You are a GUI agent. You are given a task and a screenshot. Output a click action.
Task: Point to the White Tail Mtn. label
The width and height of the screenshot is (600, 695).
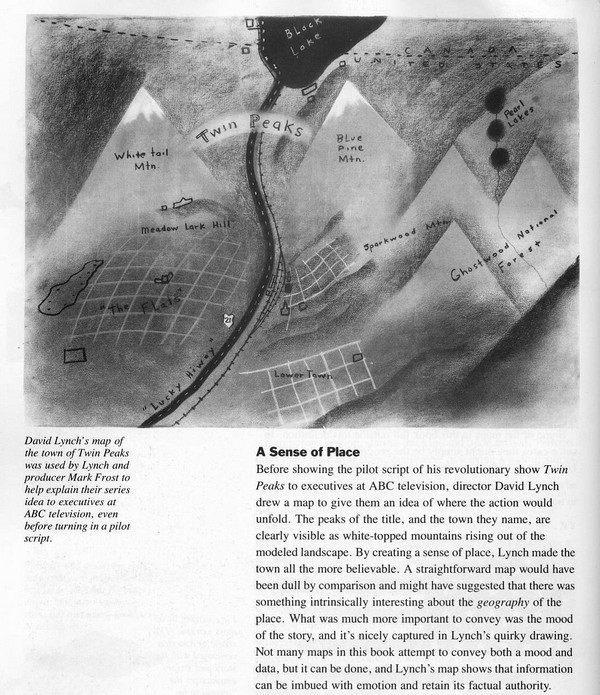point(144,162)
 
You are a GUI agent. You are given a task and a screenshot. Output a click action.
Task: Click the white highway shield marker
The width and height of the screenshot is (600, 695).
point(229,320)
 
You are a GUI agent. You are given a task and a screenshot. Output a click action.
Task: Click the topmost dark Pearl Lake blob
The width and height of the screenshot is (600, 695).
point(492,99)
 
